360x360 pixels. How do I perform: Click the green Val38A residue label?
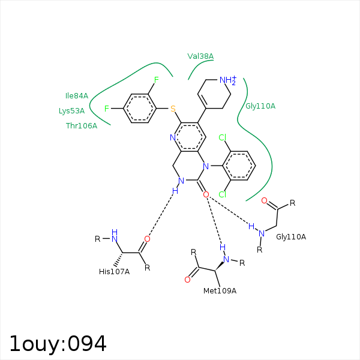(200, 56)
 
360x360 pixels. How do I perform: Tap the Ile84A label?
(77, 96)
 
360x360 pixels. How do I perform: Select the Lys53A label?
(71, 111)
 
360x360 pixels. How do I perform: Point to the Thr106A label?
(82, 126)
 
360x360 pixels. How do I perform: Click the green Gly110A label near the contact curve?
(260, 106)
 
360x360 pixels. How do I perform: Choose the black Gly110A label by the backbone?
(291, 237)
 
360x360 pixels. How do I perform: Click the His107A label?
(115, 272)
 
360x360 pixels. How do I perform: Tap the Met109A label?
(220, 291)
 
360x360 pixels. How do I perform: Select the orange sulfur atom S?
(173, 109)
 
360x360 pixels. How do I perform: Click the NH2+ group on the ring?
(228, 80)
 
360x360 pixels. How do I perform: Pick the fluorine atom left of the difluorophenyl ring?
(107, 109)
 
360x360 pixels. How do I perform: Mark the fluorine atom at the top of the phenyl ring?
(157, 80)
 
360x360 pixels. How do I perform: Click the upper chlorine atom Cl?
(223, 137)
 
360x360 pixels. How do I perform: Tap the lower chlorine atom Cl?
(223, 194)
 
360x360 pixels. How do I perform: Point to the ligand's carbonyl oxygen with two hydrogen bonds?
(206, 194)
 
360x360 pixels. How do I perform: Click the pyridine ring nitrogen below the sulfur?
(173, 137)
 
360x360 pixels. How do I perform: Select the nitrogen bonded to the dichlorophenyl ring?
(206, 166)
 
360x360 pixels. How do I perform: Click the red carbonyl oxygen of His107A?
(147, 239)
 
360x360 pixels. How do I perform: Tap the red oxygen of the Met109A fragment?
(187, 280)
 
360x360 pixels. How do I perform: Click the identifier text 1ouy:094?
(58, 344)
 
